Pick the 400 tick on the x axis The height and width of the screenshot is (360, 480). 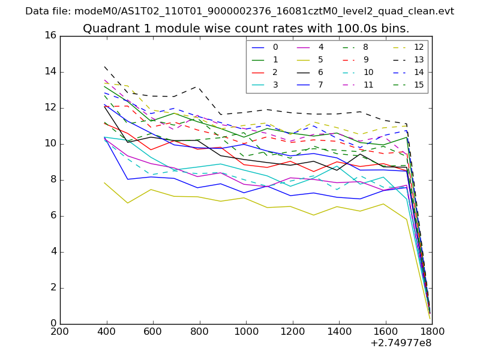pyautogui.click(x=106, y=331)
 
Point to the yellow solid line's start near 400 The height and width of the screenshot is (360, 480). pyautogui.click(x=105, y=182)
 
